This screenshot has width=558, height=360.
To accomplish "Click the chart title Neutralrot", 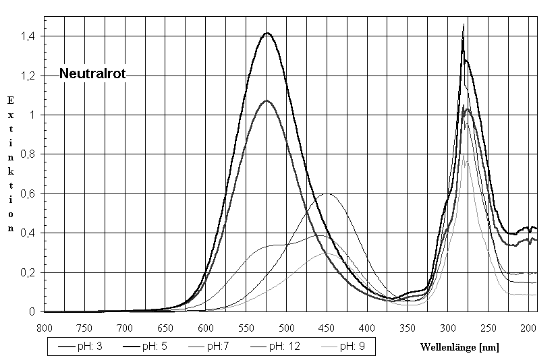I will (92, 74).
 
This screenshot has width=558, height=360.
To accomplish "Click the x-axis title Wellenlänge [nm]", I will (459, 347).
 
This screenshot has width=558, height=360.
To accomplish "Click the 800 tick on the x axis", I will (44, 328).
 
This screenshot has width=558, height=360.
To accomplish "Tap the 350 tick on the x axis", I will (407, 328).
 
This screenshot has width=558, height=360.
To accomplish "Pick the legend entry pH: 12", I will (284, 347).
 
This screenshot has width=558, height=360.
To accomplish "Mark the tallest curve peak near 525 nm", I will (267, 33).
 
